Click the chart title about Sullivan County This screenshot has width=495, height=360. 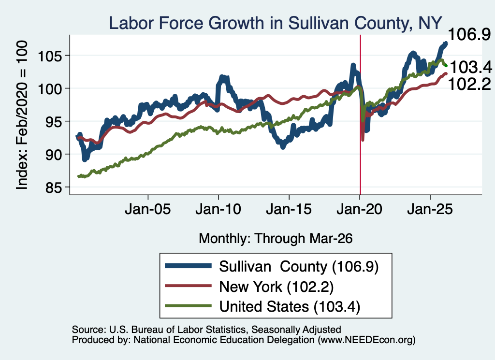(276, 23)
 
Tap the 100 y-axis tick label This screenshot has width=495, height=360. (50, 89)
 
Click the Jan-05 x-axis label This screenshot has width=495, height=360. (148, 210)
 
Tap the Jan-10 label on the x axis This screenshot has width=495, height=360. (218, 210)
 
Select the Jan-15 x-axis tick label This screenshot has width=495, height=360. (289, 210)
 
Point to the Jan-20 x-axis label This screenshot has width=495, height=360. (360, 210)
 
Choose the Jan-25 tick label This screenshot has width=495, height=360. (430, 210)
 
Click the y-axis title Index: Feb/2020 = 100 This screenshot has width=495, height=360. (22, 115)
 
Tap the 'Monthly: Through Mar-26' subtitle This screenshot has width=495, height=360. (276, 239)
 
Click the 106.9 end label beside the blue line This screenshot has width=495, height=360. (469, 34)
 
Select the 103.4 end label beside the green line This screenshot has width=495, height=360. (470, 67)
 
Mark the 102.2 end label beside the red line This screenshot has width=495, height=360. (469, 84)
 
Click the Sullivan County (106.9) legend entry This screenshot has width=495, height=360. (272, 267)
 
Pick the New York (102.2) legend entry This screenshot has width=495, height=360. (249, 287)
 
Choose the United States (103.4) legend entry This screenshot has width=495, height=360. (262, 307)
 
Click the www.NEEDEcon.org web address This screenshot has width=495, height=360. (366, 340)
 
